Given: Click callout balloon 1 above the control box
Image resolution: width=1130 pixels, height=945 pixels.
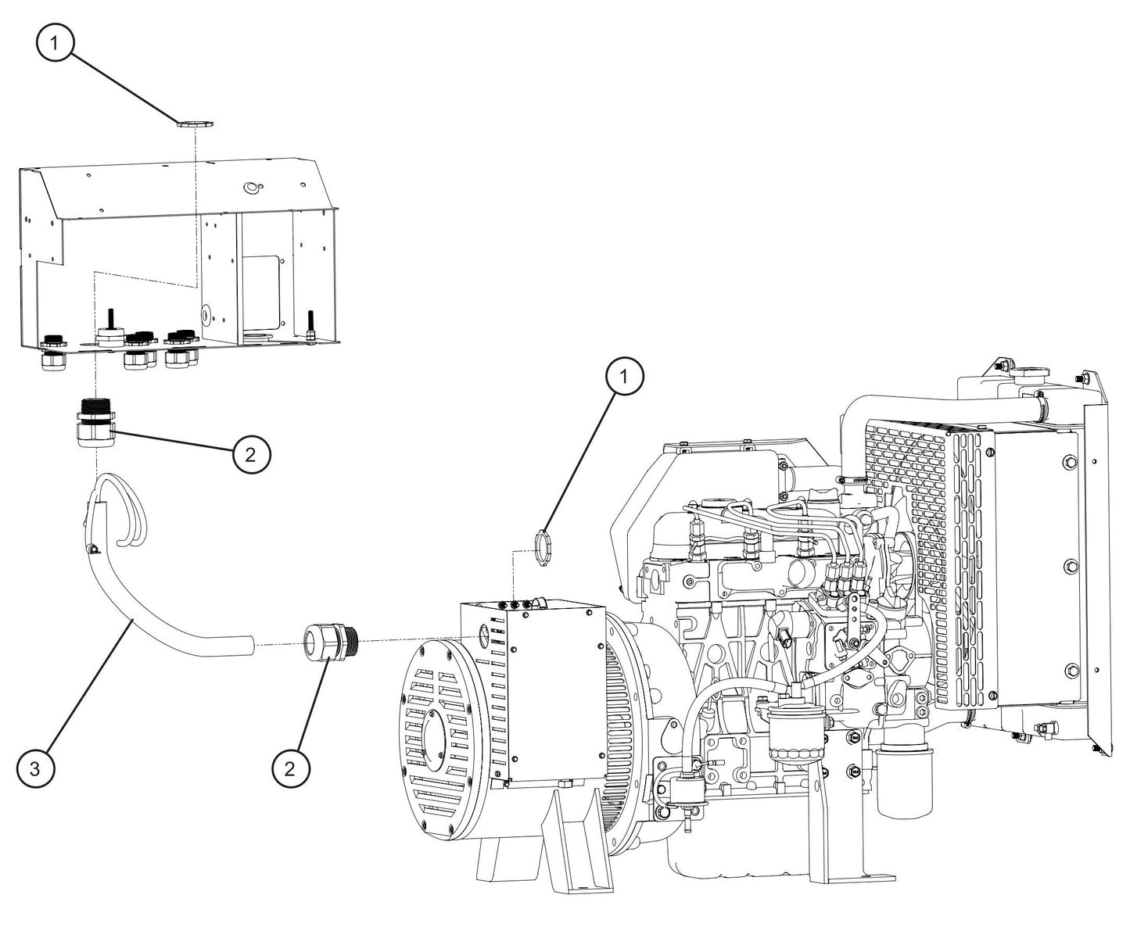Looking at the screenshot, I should [55, 45].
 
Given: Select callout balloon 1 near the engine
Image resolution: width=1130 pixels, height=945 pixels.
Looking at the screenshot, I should [624, 378].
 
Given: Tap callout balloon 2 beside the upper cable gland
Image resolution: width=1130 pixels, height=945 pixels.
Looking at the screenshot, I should [251, 454].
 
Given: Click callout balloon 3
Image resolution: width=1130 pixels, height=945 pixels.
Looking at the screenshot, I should [36, 768].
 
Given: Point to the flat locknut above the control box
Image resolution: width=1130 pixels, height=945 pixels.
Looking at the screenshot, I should [190, 123].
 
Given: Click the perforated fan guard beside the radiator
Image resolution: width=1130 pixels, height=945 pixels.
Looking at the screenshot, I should [919, 539].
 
